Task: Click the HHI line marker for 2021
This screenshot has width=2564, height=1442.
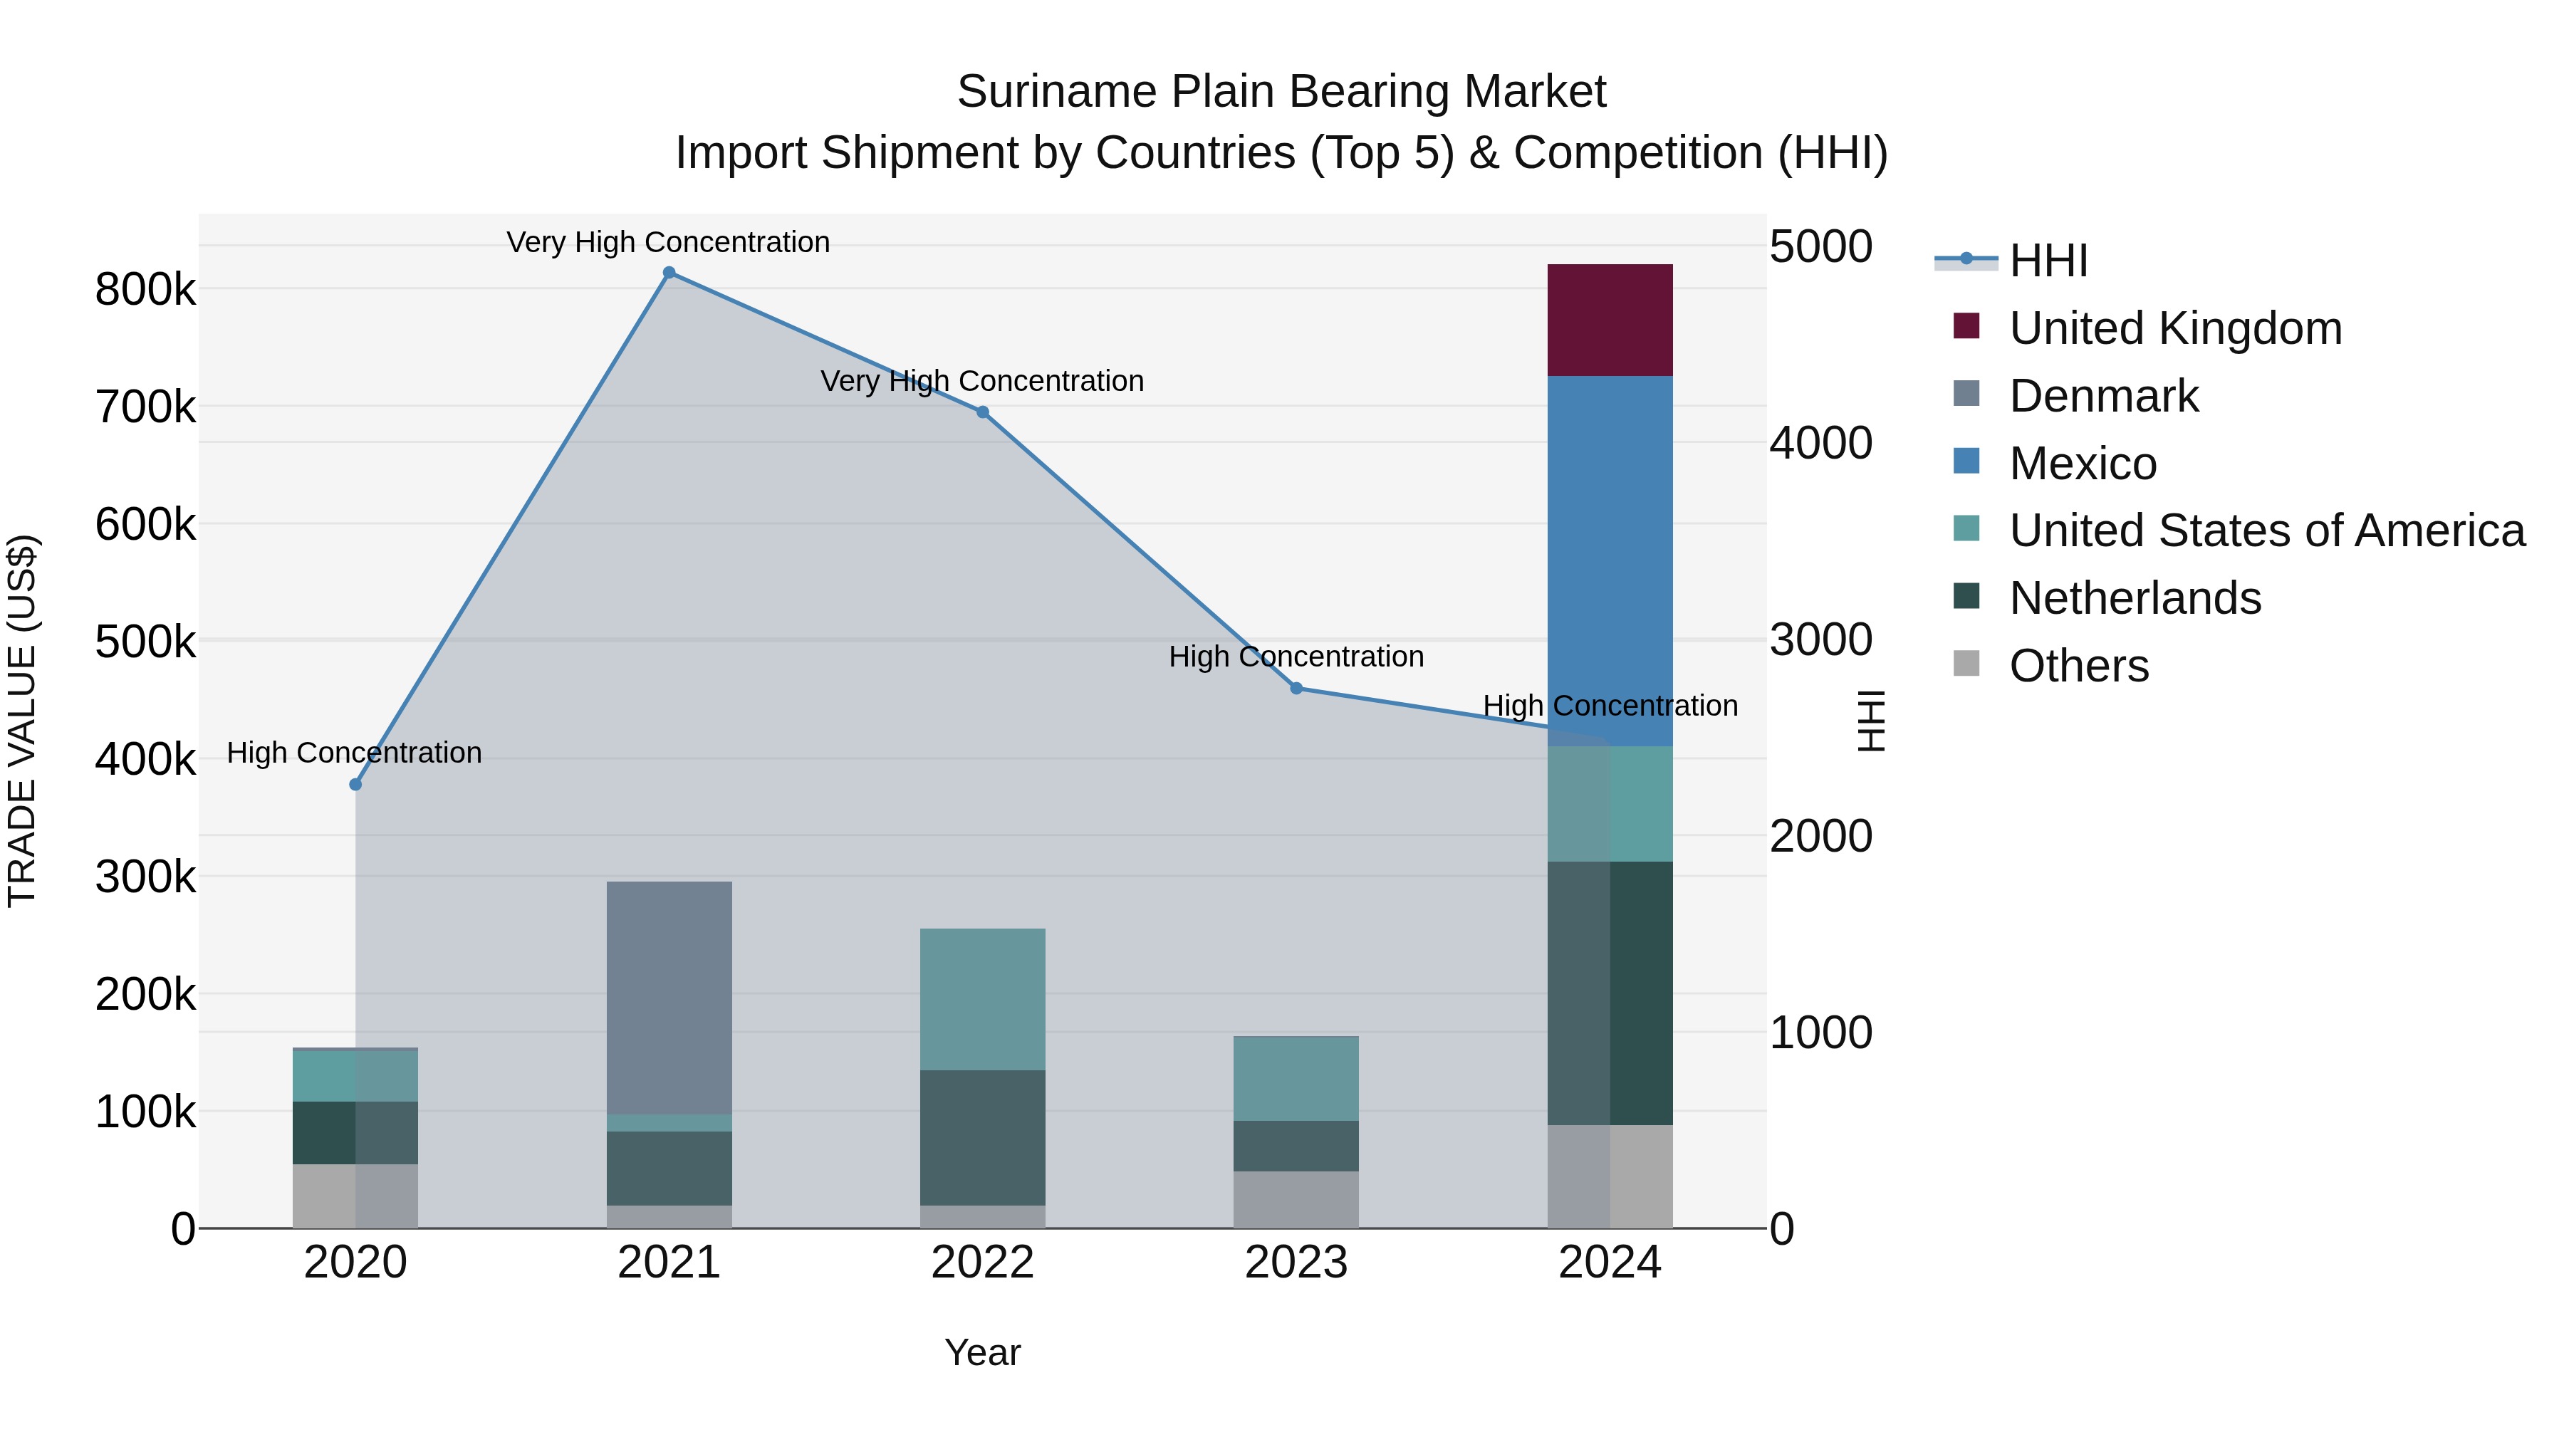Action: [x=669, y=273]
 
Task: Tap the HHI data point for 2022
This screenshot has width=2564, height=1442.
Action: [x=982, y=412]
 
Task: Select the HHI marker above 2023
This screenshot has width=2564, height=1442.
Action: [x=1296, y=688]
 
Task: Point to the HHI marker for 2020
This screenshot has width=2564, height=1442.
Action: [x=355, y=784]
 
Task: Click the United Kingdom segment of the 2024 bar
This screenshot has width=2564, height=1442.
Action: [x=1610, y=320]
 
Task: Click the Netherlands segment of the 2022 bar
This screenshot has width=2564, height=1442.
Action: [x=982, y=1137]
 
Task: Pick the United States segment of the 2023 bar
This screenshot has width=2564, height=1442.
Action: [x=1296, y=1079]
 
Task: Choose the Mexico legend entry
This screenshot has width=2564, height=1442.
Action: [x=2083, y=464]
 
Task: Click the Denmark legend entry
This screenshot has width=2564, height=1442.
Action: [x=2103, y=396]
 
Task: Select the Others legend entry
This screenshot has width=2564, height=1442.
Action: [x=2078, y=666]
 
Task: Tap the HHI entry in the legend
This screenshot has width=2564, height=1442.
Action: [x=2048, y=261]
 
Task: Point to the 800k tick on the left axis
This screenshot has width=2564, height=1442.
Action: [x=145, y=291]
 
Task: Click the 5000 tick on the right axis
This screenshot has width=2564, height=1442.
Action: [x=1820, y=247]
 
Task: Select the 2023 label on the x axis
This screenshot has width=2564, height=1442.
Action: [x=1296, y=1263]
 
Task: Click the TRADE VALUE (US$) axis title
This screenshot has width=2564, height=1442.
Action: [x=22, y=721]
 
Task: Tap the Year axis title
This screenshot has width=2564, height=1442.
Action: [x=982, y=1352]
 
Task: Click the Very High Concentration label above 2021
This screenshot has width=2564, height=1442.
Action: [x=668, y=242]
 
